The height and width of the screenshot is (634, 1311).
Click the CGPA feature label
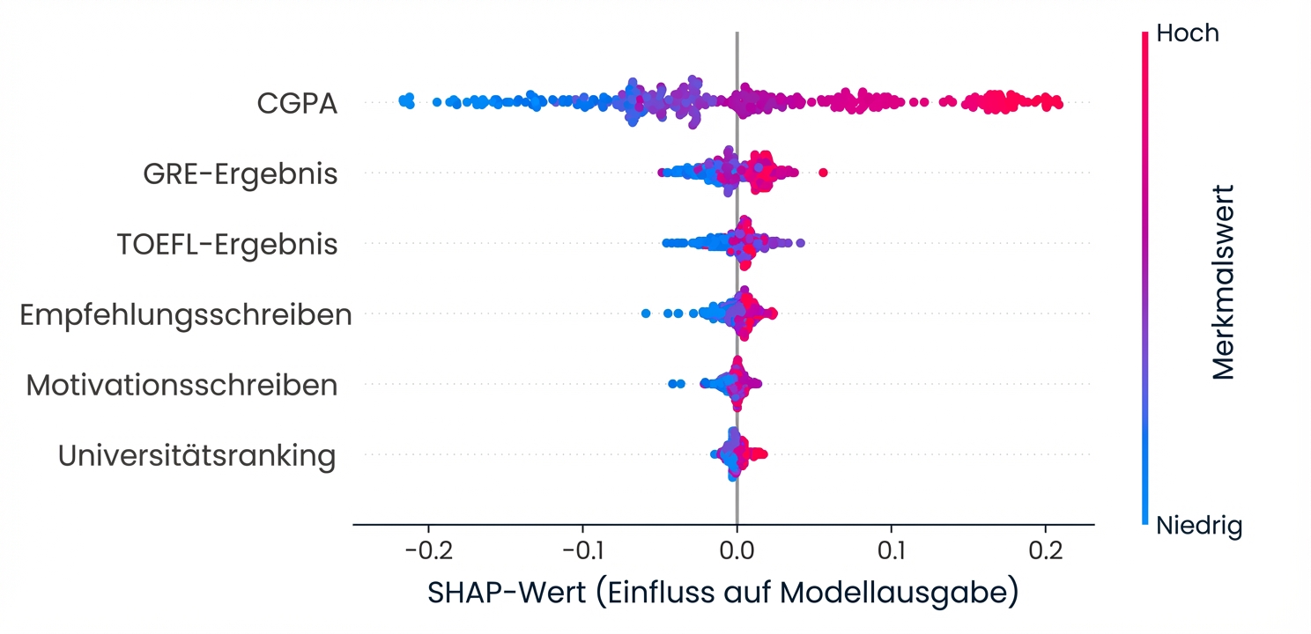pos(297,104)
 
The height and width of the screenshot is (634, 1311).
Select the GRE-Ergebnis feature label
pos(240,174)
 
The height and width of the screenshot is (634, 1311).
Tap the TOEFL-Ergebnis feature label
pos(227,244)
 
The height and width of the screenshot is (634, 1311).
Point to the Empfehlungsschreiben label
pos(186,315)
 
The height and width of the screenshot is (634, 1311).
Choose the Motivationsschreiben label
pos(181,386)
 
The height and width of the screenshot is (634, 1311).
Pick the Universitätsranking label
pos(197,456)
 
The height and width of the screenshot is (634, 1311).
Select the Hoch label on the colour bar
pos(1187,33)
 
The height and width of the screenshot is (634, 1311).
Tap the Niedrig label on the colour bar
pos(1198,527)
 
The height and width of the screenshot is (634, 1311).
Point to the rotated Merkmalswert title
pos(1224,282)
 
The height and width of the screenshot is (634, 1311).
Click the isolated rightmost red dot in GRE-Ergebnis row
pos(823,172)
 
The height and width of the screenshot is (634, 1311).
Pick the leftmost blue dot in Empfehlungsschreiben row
pos(646,313)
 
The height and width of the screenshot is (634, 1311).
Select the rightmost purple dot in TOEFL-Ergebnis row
pos(800,242)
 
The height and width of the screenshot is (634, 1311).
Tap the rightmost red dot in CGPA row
pos(1058,104)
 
